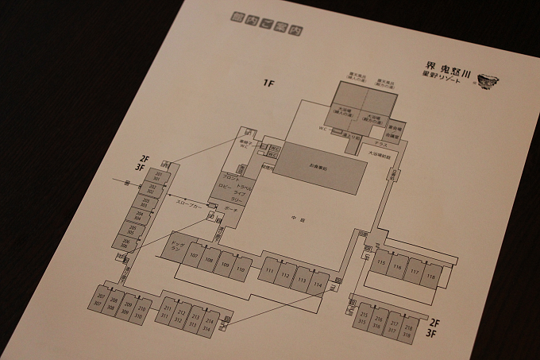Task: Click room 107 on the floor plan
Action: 193,256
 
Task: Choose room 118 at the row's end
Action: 430,276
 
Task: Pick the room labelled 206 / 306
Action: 125,242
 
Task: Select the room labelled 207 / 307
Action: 100,300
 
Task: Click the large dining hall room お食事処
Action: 320,168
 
